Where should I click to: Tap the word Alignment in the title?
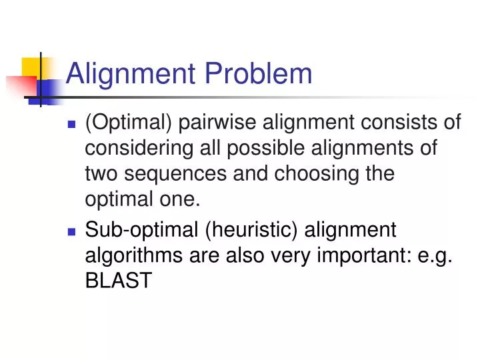point(128,74)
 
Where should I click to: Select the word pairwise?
point(214,123)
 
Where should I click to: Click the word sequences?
point(174,174)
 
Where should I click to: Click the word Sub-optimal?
point(141,231)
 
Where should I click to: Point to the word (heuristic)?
point(253,231)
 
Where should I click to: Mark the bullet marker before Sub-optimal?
point(73,231)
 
